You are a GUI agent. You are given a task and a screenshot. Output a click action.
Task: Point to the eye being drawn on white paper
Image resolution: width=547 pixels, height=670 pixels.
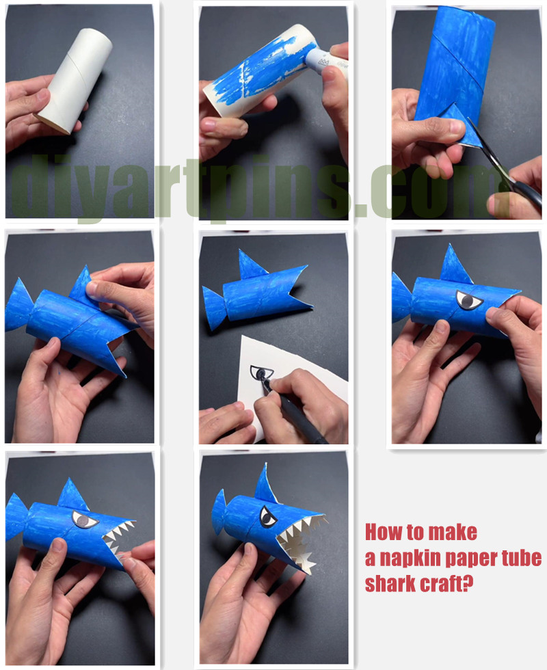point(260,373)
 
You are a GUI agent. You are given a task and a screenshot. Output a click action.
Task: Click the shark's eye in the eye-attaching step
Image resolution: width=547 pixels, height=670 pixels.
point(466,299)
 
